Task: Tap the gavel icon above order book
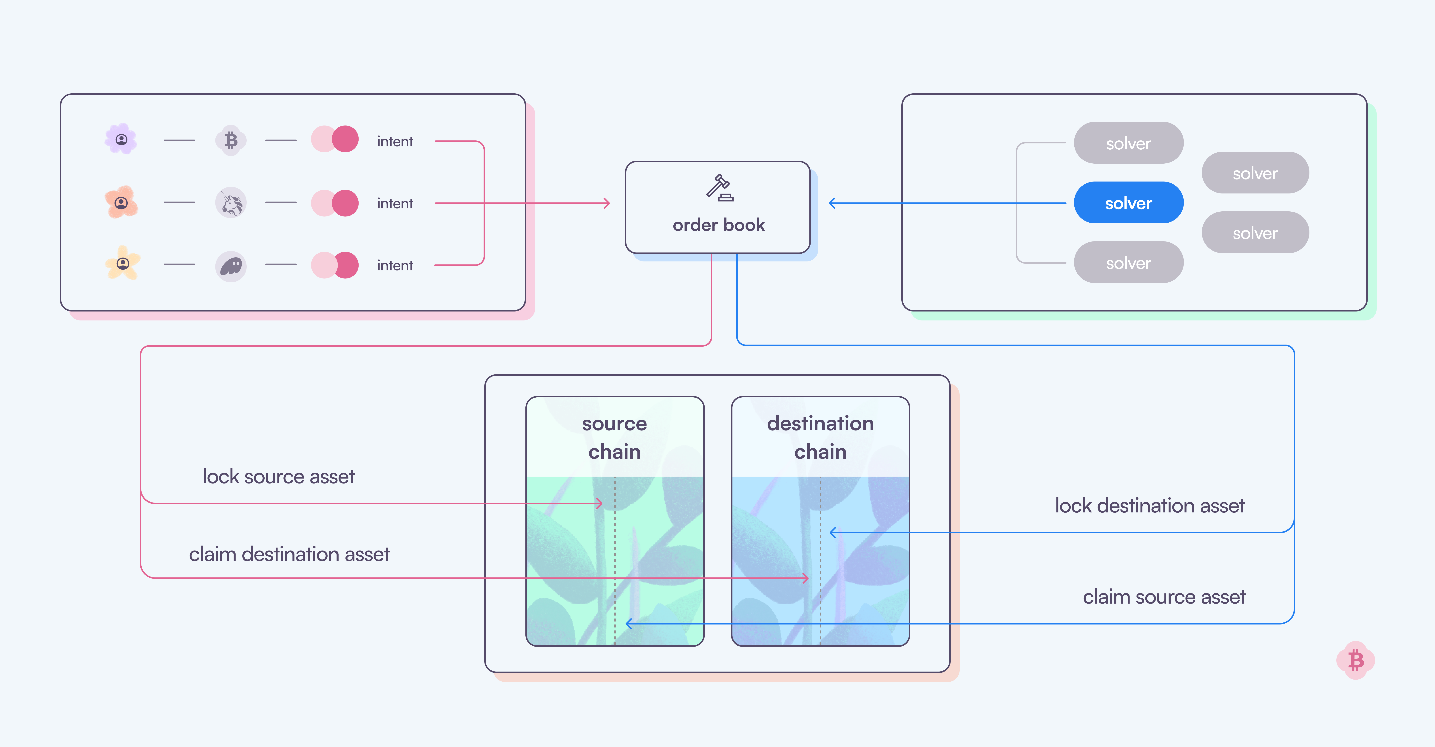[719, 187]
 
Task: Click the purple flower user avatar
[121, 139]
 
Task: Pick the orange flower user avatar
[121, 202]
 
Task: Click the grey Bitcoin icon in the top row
[231, 140]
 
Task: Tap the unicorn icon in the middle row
[231, 203]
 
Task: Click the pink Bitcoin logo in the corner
[1355, 660]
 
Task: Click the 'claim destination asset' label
[289, 554]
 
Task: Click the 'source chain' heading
[614, 438]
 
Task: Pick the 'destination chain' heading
[820, 438]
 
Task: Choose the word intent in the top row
[395, 141]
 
